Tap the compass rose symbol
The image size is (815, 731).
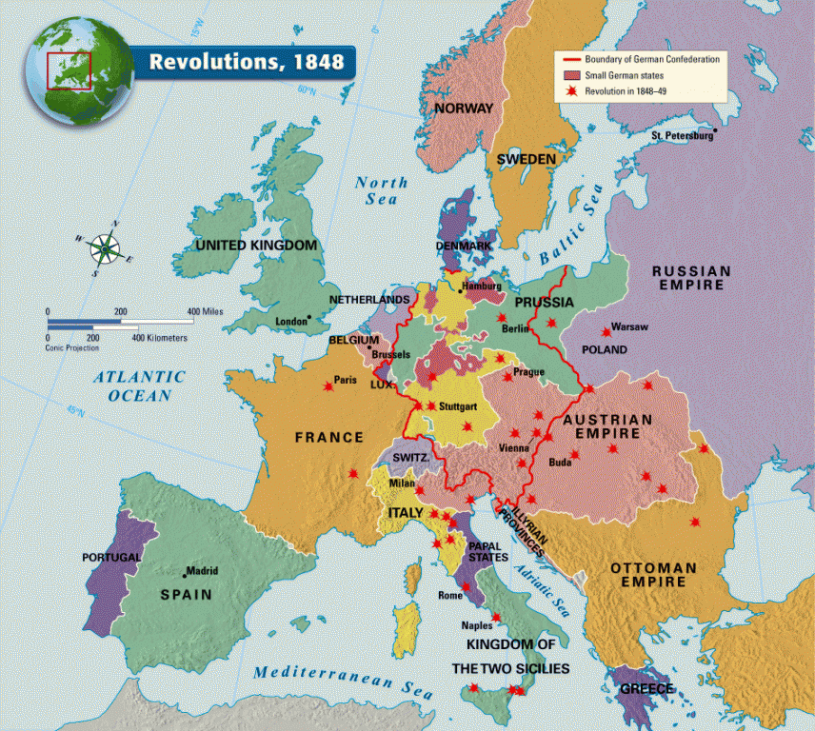tap(105, 249)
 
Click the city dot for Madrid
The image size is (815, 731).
tap(186, 574)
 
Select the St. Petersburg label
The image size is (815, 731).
tap(681, 136)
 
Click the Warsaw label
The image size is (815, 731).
tap(629, 326)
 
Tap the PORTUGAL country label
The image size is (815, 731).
tap(111, 557)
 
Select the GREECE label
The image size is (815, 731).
tap(646, 688)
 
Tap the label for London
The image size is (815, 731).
tap(291, 322)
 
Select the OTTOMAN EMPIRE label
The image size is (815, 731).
tap(653, 575)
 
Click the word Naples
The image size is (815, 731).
tap(477, 625)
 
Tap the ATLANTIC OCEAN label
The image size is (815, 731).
tap(133, 386)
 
